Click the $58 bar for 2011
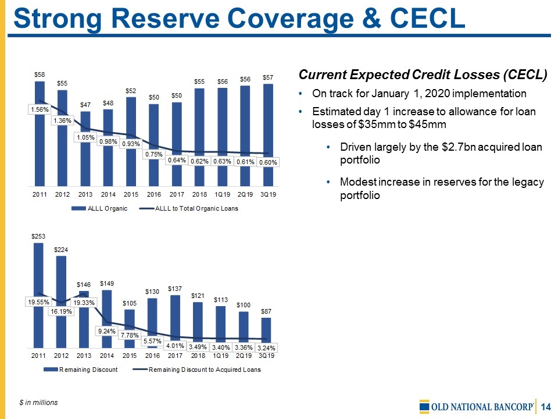pos(39,134)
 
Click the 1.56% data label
pos(40,109)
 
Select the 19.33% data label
pos(84,303)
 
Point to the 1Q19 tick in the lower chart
pos(221,355)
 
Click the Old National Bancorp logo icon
pos(424,406)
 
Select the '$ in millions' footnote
pos(39,403)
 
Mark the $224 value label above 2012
pos(61,250)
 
